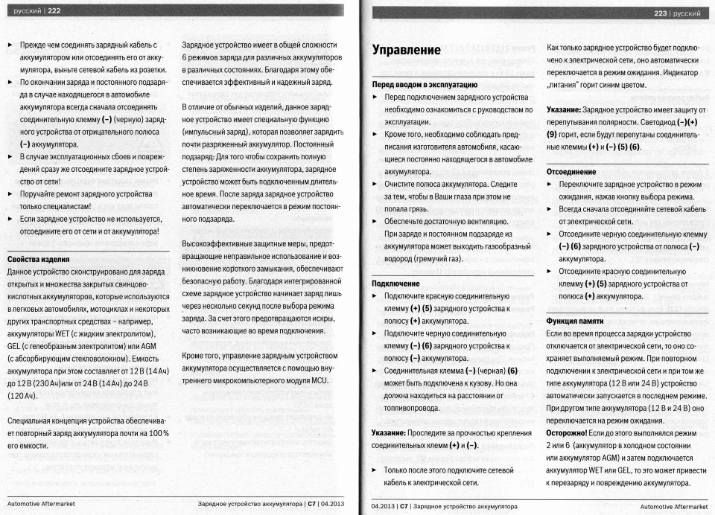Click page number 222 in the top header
click(x=54, y=10)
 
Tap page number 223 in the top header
click(x=660, y=13)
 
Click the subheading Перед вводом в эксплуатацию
click(x=425, y=85)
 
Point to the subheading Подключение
click(x=395, y=284)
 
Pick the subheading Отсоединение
click(x=571, y=171)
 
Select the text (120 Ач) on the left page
click(x=22, y=395)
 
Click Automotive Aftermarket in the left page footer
click(x=41, y=504)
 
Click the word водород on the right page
click(x=399, y=258)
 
